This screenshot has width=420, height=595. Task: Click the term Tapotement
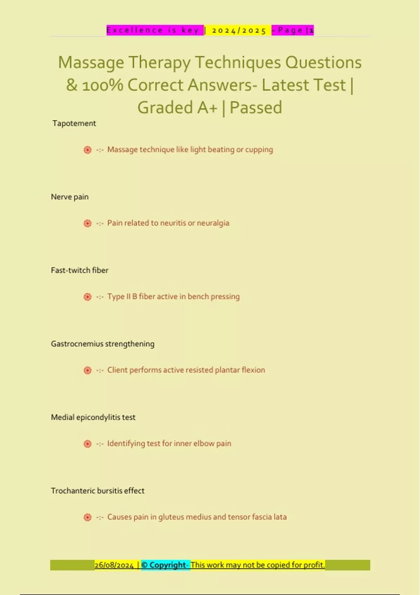(74, 124)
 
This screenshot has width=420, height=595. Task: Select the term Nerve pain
(70, 197)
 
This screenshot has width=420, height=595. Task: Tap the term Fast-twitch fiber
(79, 271)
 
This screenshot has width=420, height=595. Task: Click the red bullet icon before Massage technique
(87, 150)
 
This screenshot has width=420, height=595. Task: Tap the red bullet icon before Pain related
(87, 224)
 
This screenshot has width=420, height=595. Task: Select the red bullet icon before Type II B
(87, 297)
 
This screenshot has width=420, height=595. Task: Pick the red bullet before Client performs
(87, 371)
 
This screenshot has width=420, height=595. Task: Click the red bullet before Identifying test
(87, 444)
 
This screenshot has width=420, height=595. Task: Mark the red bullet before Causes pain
(87, 518)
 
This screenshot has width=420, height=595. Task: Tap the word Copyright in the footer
(168, 565)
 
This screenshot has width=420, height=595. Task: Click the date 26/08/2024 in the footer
(114, 565)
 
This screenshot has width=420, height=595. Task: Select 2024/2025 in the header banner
(239, 30)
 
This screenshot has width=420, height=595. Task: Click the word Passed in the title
(256, 107)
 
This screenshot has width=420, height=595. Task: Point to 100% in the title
(102, 85)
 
